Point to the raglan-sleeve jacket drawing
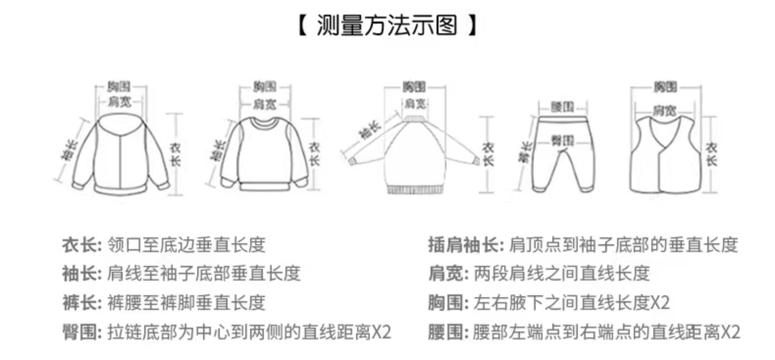414,153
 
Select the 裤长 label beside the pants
525,152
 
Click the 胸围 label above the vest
665,87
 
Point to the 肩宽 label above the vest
665,110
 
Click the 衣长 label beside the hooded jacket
175,154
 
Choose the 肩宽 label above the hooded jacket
120,102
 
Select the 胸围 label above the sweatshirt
265,87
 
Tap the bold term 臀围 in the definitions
80,332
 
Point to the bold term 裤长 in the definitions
80,303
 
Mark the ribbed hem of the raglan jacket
414,189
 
